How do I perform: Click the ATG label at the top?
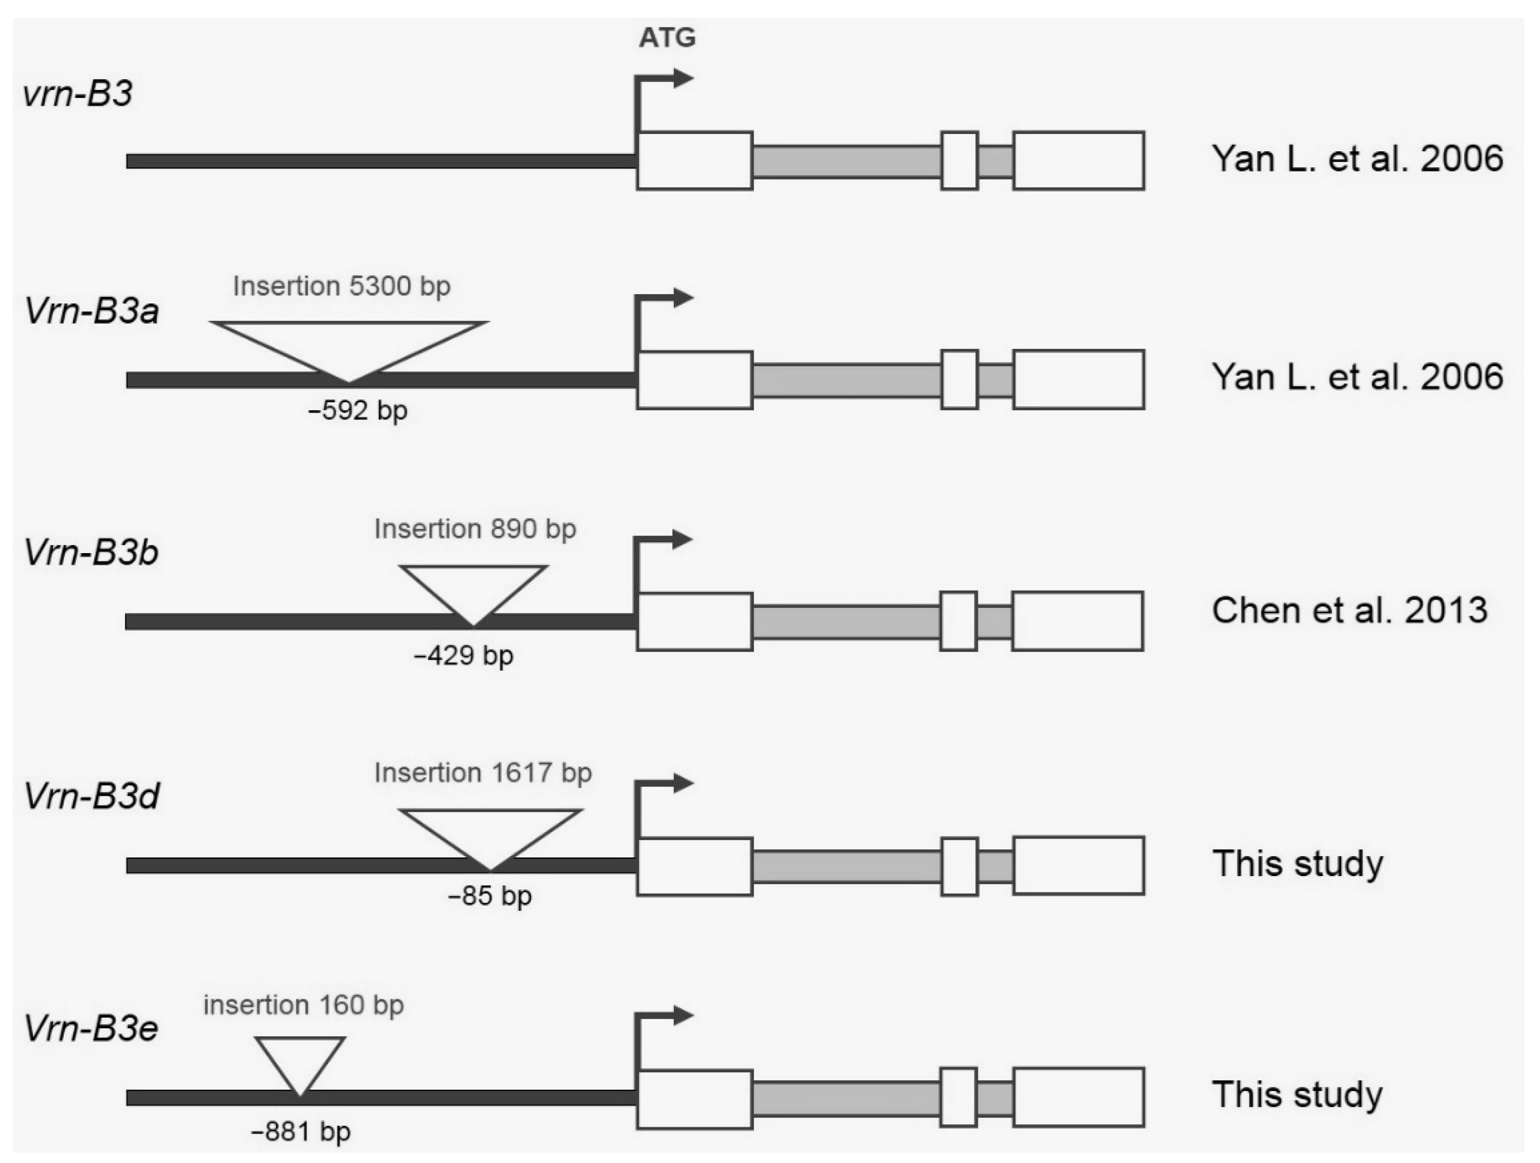coord(667,38)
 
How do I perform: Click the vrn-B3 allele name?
coord(77,93)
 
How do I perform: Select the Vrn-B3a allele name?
coord(91,311)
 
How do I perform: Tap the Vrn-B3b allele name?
coord(91,552)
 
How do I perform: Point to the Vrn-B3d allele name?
coord(91,796)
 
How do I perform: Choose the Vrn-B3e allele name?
coord(91,1028)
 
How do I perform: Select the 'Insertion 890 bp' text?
coord(475,529)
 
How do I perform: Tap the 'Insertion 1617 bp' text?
coord(483,773)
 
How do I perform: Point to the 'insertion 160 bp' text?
coord(303,1005)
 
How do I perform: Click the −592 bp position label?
coord(357,411)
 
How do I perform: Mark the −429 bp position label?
coord(463,655)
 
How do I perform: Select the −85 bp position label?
coord(489,896)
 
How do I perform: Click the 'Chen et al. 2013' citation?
coord(1349,611)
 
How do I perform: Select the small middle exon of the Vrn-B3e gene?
coord(959,1097)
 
